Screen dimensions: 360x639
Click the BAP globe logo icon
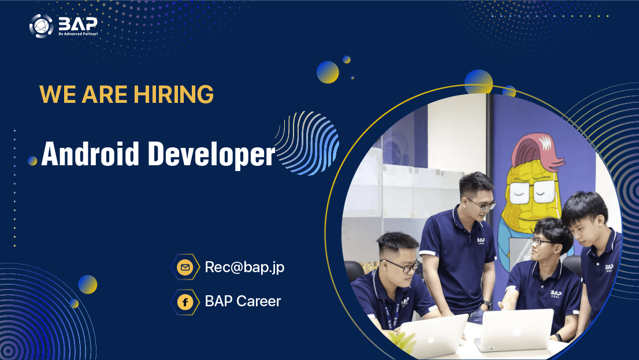(42, 26)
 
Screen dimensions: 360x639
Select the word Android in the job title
(90, 154)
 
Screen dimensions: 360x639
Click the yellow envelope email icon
(185, 268)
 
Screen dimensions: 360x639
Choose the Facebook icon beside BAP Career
(185, 302)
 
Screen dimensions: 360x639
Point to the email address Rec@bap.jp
(244, 268)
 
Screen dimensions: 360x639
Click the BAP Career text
(243, 302)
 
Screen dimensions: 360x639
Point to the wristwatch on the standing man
(486, 304)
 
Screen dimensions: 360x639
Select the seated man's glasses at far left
(402, 266)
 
